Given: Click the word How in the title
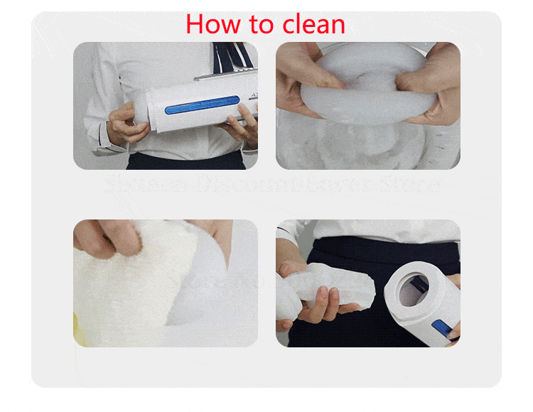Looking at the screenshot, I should point(212,25).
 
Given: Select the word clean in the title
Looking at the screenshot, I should point(313,25).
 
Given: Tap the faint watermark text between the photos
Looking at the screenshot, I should point(270,185).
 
